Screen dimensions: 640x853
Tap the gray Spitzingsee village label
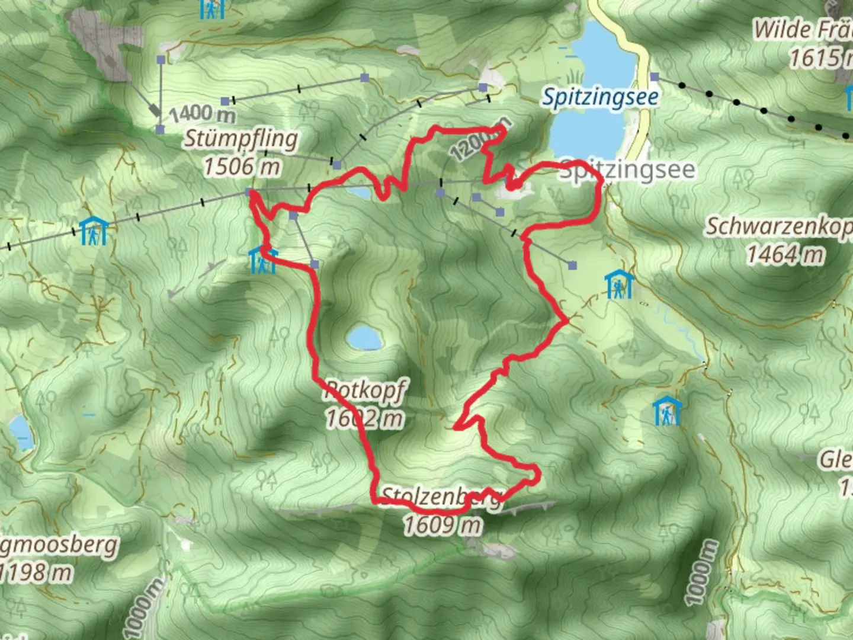pos(627,170)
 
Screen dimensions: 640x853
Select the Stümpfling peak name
pos(241,139)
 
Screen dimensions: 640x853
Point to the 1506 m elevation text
pos(242,167)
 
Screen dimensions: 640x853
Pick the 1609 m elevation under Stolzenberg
pos(443,525)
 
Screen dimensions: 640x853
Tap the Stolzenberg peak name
pos(442,497)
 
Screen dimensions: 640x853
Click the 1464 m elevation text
pos(785,255)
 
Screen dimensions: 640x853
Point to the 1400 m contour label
pos(202,113)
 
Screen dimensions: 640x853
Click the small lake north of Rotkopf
pos(364,338)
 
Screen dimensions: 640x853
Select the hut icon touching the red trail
pos(263,260)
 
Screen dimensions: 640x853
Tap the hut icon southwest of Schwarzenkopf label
pos(619,285)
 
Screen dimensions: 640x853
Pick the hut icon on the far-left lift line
pos(94,231)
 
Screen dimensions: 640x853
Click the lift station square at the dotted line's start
pos(655,77)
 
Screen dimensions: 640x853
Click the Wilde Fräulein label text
pos(803,30)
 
